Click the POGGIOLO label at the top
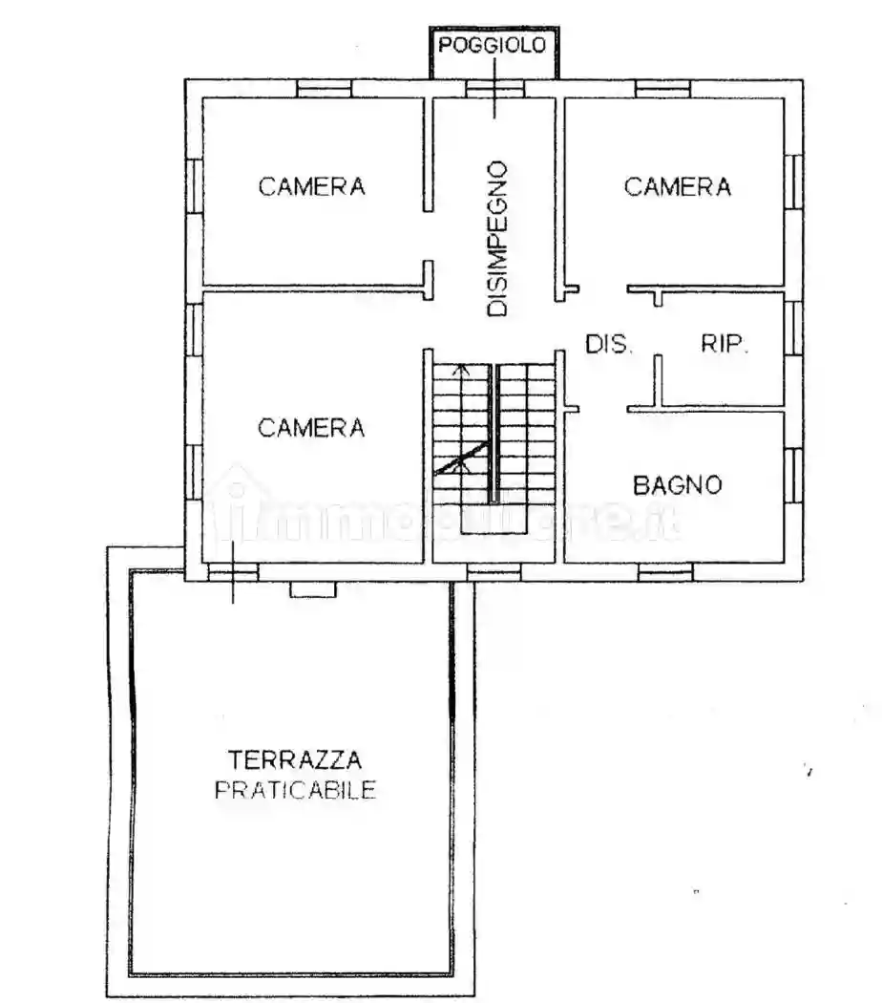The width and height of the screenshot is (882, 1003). pos(493,45)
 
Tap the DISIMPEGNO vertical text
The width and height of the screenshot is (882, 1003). pos(496,239)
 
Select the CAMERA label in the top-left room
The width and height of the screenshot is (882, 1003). pos(311,186)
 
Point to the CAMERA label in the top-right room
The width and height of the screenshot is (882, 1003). pos(678,186)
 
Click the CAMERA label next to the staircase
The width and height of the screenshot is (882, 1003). pos(311,428)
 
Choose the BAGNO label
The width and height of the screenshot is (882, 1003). pos(678,485)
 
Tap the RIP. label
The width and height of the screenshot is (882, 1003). pos(725,345)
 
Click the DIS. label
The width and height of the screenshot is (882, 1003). pos(608,345)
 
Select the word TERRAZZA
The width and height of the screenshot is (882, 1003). pos(282,761)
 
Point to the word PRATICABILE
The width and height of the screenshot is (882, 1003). pos(295,791)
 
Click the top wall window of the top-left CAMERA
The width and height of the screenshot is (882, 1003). pos(325,88)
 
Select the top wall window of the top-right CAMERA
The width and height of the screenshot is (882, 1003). pos(663,88)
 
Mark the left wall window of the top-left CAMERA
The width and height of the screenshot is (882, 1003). pos(193,186)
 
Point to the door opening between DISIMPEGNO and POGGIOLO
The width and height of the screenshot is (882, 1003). pos(494,88)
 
